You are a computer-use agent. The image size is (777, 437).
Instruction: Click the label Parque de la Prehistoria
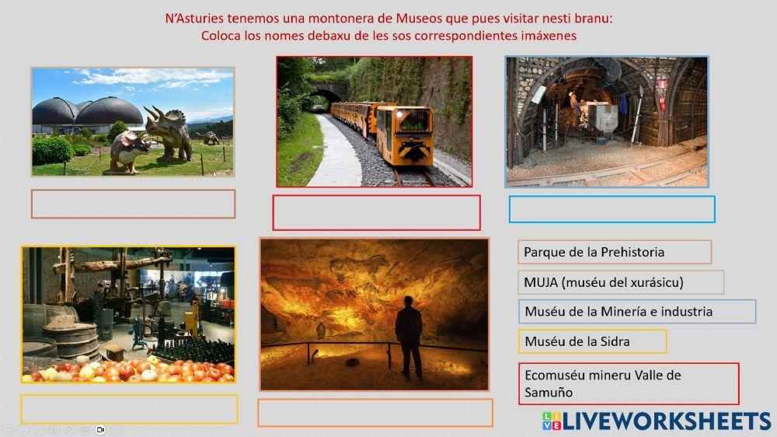614,252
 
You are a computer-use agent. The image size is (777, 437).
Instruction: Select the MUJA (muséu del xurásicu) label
620,282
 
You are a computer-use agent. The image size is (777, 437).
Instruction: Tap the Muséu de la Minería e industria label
636,312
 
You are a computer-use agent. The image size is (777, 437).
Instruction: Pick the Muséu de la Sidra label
592,341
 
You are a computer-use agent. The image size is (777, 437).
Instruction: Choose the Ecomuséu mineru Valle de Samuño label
628,383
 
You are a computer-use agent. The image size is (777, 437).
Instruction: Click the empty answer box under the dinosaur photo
133,204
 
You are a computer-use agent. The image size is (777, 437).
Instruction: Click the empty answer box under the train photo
376,212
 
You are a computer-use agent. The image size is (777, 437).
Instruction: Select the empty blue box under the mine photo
611,209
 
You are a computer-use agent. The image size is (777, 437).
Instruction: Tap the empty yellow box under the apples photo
129,409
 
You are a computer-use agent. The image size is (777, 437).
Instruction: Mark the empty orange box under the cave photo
375,413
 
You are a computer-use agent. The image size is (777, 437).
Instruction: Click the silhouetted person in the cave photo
408,335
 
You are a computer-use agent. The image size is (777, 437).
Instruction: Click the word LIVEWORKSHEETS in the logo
667,421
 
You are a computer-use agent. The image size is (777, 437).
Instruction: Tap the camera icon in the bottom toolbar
100,429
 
